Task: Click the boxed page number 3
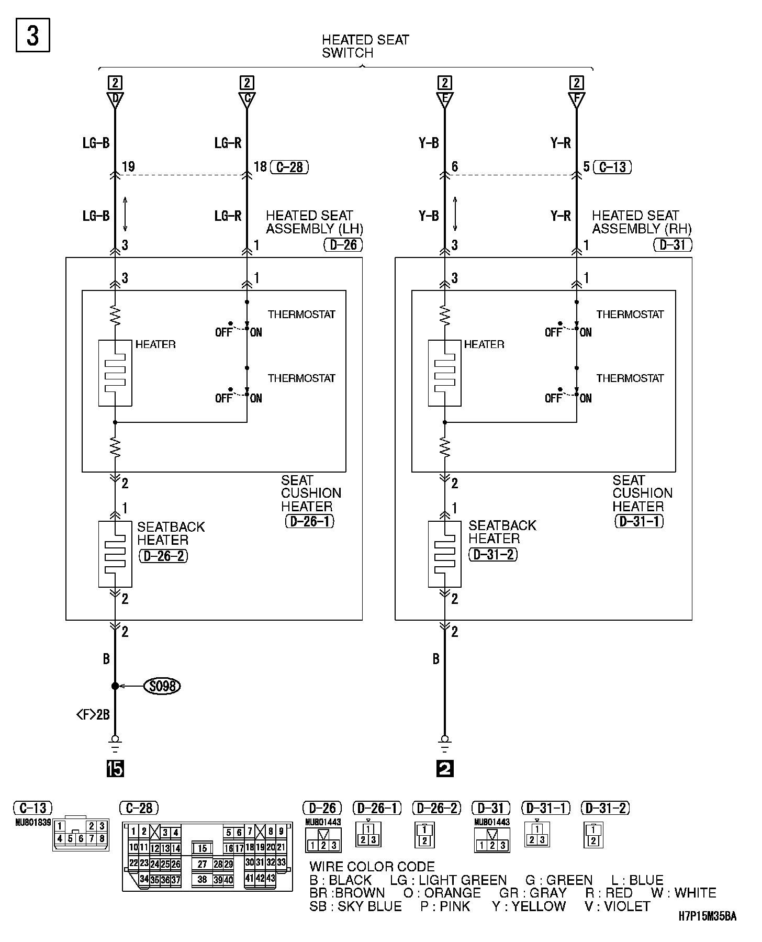[x=32, y=36]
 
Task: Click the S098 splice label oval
[x=162, y=686]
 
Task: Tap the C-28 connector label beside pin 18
[x=289, y=167]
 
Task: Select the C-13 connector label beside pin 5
[x=612, y=167]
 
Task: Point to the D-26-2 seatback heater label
[x=163, y=556]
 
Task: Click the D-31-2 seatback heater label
[x=493, y=554]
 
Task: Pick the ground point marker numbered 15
[x=115, y=768]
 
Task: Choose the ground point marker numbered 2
[x=444, y=768]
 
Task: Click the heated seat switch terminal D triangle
[x=115, y=99]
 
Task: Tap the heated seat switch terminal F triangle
[x=576, y=99]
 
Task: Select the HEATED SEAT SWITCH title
[x=365, y=46]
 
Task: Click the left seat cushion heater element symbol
[x=115, y=373]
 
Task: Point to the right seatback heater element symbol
[x=444, y=554]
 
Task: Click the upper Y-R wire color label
[x=561, y=143]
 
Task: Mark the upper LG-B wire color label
[x=96, y=143]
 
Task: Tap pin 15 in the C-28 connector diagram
[x=203, y=848]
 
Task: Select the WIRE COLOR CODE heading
[x=372, y=867]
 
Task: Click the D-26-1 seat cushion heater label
[x=309, y=521]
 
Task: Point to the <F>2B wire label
[x=93, y=714]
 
